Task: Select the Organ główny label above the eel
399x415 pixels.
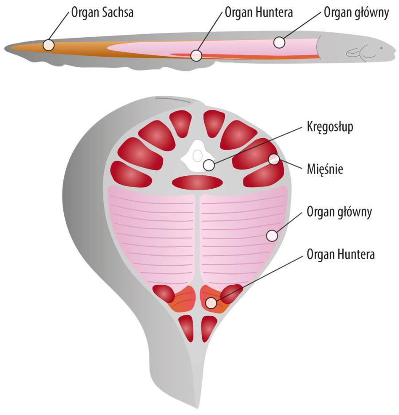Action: [x=356, y=13]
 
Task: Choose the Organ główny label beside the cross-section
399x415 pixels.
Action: [x=339, y=212]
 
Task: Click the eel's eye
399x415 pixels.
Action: [x=381, y=47]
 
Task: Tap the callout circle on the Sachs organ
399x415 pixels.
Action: [x=49, y=45]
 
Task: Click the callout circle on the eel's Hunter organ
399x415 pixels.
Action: [x=196, y=55]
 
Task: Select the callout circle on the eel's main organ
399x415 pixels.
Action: [x=279, y=42]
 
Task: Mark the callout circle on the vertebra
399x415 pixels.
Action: [x=208, y=166]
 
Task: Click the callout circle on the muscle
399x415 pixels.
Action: [x=274, y=159]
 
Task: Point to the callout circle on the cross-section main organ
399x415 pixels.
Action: [x=272, y=235]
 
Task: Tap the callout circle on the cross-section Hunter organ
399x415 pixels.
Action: [x=211, y=303]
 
